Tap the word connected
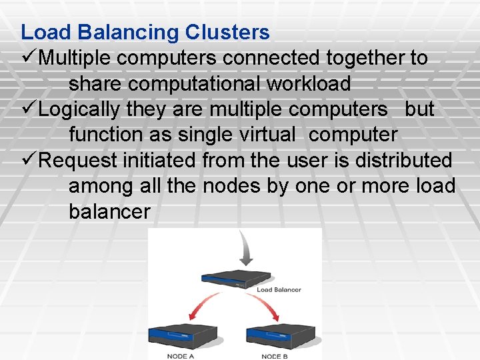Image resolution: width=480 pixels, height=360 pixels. [x=272, y=58]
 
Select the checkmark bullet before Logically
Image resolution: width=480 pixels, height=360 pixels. [x=28, y=109]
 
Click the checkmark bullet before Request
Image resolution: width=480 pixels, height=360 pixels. [x=28, y=161]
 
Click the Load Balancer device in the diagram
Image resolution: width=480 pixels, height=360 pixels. [x=236, y=278]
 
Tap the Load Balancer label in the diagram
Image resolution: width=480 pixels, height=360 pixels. [x=279, y=290]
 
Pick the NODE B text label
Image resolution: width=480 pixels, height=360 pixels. [x=275, y=356]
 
